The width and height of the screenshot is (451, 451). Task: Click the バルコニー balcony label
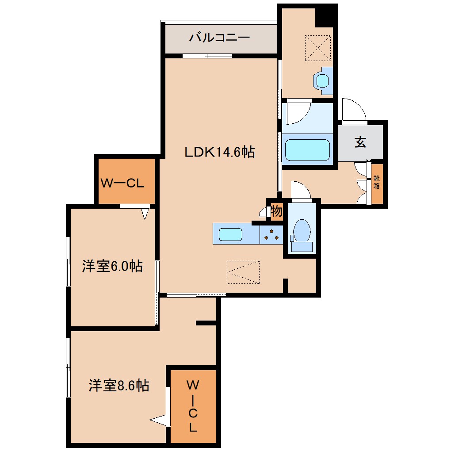[220, 38]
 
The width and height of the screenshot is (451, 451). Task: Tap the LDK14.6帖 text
[219, 153]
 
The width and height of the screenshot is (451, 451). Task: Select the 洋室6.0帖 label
[112, 266]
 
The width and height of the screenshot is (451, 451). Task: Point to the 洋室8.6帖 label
[118, 386]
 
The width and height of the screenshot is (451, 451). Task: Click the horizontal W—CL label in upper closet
[122, 183]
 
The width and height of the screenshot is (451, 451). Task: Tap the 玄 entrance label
[360, 142]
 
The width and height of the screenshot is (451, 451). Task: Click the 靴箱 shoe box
[376, 183]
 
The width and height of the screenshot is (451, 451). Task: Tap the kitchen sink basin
[230, 234]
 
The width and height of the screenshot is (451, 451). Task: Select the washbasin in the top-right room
[322, 81]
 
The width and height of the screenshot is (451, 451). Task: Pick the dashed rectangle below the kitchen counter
[243, 272]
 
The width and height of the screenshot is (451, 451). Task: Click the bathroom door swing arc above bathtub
[298, 113]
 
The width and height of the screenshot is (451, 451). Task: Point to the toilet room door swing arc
[301, 190]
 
